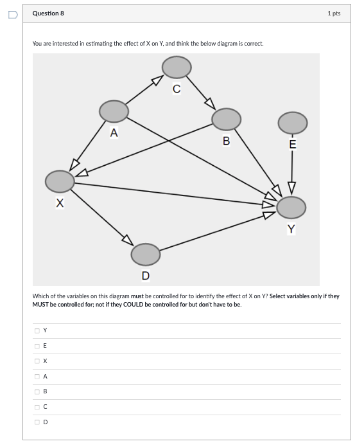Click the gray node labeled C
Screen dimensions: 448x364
click(x=177, y=66)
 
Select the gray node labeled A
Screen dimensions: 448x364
click(x=114, y=111)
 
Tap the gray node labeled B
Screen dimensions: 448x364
click(x=226, y=119)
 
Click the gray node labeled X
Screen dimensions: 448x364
click(x=60, y=181)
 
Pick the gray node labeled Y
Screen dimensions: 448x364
click(x=291, y=207)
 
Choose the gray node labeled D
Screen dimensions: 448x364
click(x=146, y=255)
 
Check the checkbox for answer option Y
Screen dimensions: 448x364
click(x=37, y=330)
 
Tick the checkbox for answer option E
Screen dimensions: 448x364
click(x=37, y=346)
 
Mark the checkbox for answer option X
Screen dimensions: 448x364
click(x=37, y=361)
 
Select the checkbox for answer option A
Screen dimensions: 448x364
click(x=37, y=377)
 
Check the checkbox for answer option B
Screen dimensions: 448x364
click(x=37, y=391)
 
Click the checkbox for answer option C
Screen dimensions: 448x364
click(x=37, y=407)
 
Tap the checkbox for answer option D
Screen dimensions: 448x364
click(x=37, y=422)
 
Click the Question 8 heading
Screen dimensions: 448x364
click(x=48, y=13)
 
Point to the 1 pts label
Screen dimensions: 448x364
click(x=333, y=13)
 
